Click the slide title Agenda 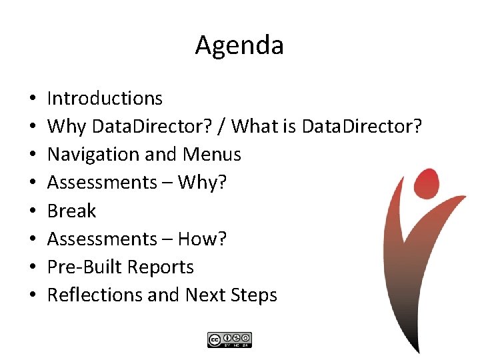[239, 45]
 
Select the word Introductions [105, 99]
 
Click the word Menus [211, 155]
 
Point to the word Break [71, 211]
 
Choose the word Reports [161, 267]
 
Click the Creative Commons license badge [229, 339]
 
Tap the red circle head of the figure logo [426, 180]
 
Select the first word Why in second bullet [67, 127]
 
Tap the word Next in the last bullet [205, 295]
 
